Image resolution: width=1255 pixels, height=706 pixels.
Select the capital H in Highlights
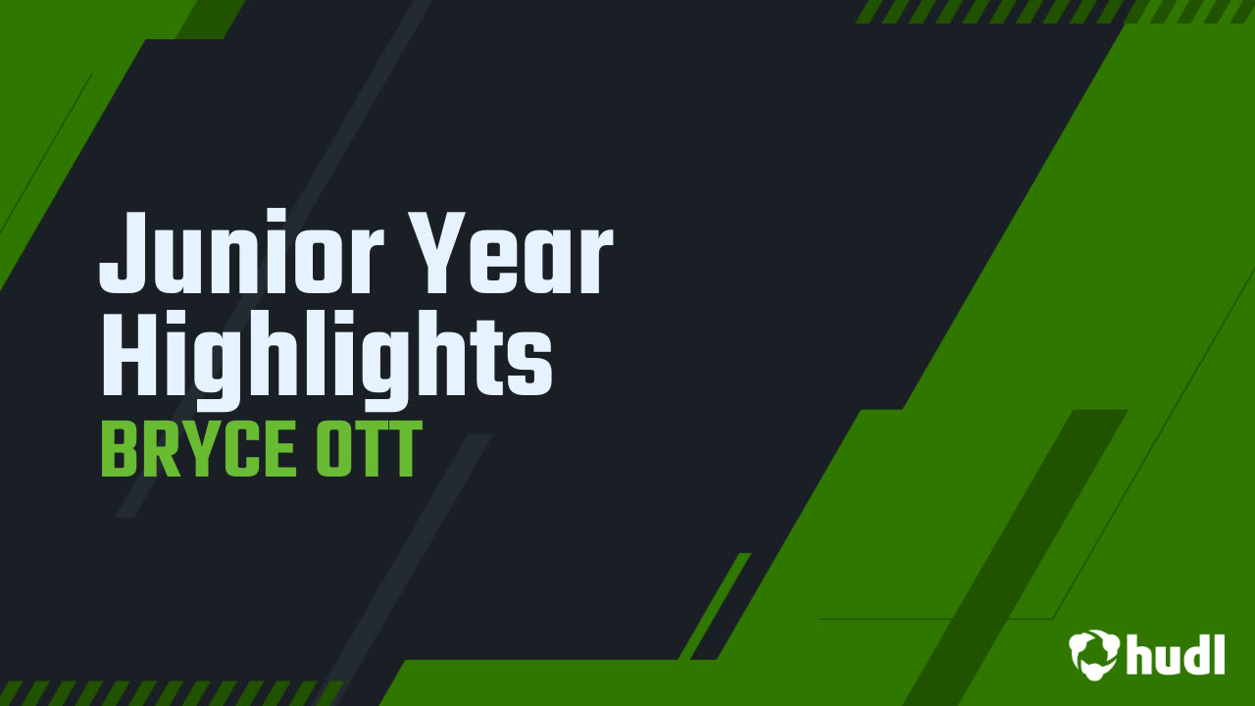pyautogui.click(x=127, y=355)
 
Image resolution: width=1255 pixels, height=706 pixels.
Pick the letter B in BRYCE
pyautogui.click(x=118, y=451)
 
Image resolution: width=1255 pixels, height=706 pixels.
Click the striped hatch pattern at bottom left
pyautogui.click(x=167, y=693)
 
